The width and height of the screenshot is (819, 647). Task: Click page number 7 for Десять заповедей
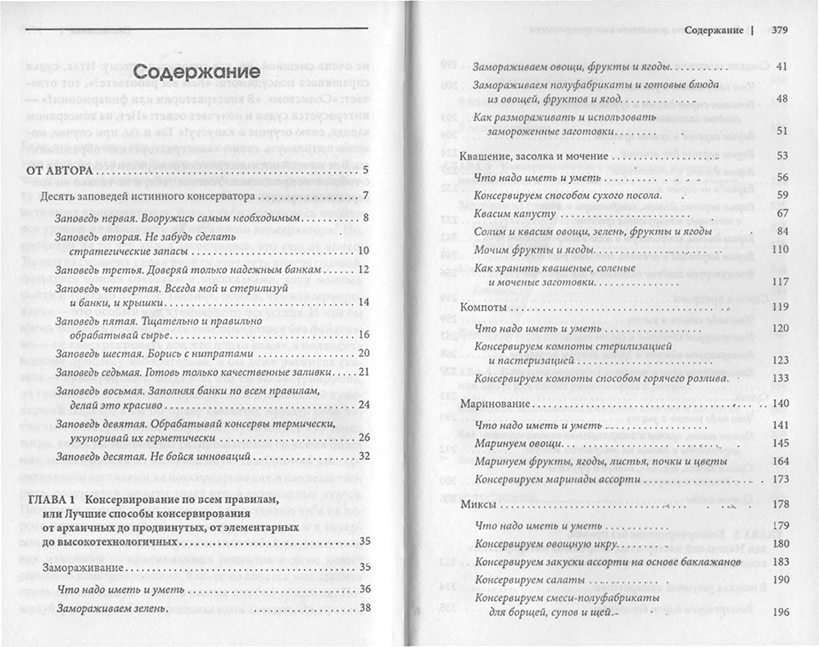(x=368, y=196)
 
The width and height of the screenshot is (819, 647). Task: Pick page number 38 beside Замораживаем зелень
(x=365, y=608)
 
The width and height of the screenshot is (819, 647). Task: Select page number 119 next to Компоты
(x=779, y=307)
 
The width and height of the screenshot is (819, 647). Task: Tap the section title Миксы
(x=481, y=504)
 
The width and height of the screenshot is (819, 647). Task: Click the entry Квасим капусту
(x=515, y=213)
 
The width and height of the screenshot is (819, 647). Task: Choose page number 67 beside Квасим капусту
(x=781, y=213)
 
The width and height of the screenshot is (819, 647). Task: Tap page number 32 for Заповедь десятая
(x=365, y=456)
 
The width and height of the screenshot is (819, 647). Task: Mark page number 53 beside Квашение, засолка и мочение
(x=781, y=155)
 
